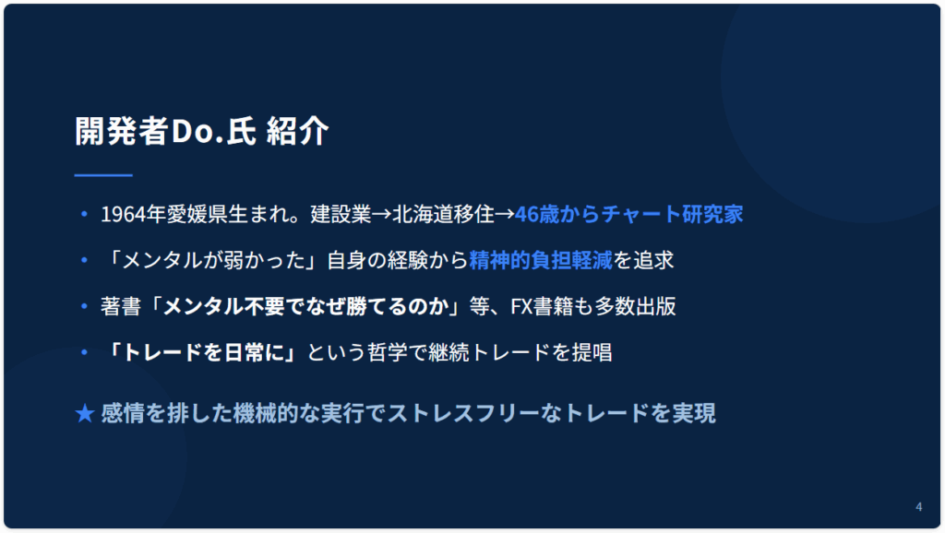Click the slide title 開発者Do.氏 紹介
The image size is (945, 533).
click(202, 131)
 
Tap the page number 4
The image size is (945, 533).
click(918, 506)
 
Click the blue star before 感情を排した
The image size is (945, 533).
click(85, 413)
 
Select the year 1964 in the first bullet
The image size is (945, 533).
click(125, 215)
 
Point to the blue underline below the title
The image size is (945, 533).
click(103, 175)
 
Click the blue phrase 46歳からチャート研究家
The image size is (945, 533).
click(628, 215)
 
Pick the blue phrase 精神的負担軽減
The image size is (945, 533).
click(541, 260)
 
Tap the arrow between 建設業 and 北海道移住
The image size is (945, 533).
click(381, 215)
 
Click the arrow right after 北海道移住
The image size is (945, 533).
click(505, 215)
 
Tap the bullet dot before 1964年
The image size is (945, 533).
click(84, 214)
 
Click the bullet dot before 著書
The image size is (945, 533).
click(84, 306)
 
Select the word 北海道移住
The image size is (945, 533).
click(443, 215)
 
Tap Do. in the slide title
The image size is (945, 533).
click(197, 131)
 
